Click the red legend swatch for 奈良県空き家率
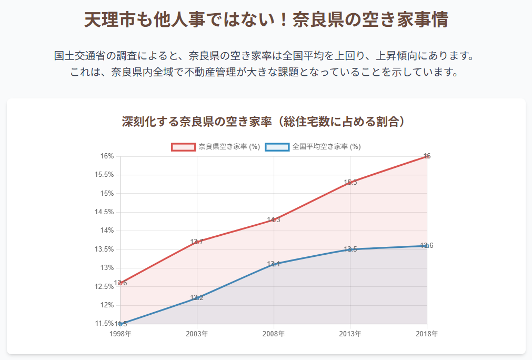click(x=184, y=147)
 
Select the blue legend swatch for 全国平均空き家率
click(x=277, y=147)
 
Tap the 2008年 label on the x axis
click(x=274, y=334)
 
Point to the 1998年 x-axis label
click(x=120, y=334)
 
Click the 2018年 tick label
click(x=427, y=334)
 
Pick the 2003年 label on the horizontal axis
click(x=197, y=334)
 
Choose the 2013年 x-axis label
click(x=350, y=334)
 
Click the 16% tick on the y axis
click(x=107, y=156)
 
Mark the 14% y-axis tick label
click(x=107, y=231)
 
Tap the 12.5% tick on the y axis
click(x=105, y=287)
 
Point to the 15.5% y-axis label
click(x=105, y=175)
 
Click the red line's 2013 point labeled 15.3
click(x=350, y=182)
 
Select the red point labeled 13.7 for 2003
click(x=197, y=242)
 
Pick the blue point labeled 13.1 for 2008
click(x=274, y=264)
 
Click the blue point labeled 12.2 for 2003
click(x=197, y=298)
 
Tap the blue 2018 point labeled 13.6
click(x=427, y=246)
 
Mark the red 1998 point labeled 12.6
click(x=121, y=283)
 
